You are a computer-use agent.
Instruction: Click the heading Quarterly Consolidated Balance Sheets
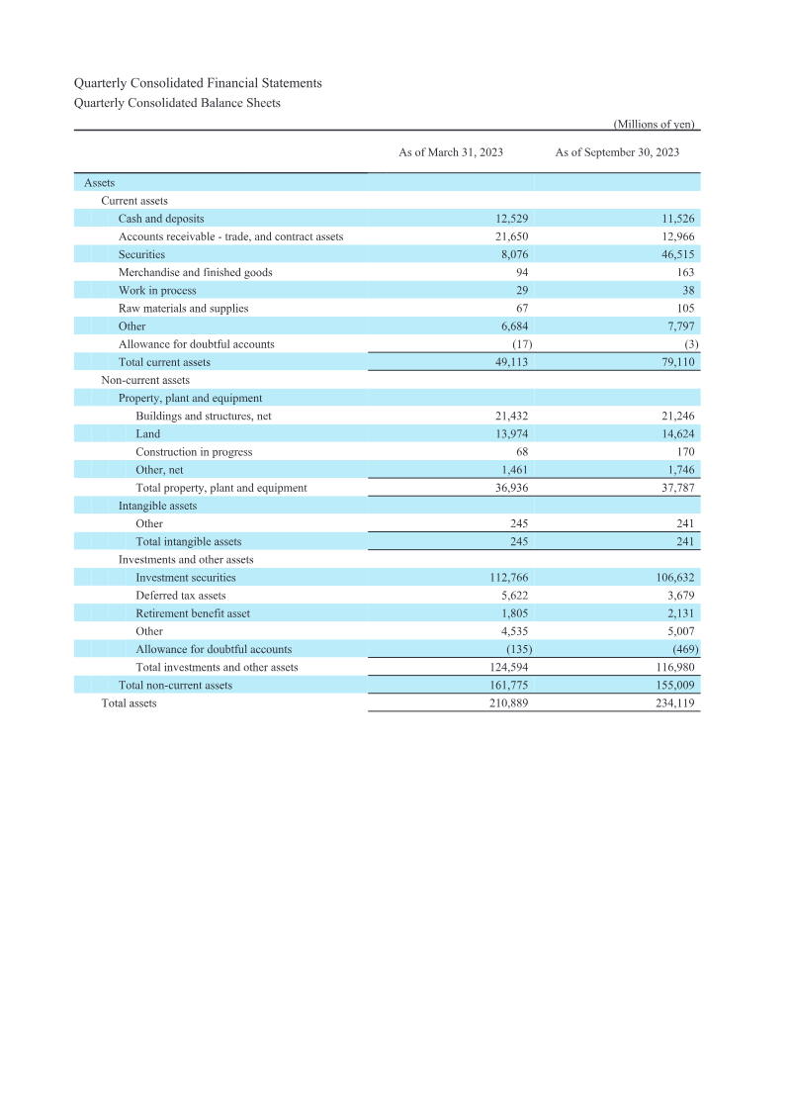177,103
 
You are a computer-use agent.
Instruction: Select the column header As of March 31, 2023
450,152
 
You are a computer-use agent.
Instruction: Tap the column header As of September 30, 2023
617,152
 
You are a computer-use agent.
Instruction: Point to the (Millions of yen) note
655,125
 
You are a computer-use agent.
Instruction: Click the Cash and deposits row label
161,219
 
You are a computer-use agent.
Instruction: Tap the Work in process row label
157,291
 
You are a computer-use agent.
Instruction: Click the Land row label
147,434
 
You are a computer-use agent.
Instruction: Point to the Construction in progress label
194,452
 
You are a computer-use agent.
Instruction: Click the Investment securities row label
186,578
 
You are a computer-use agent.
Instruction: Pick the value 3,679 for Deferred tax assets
676,596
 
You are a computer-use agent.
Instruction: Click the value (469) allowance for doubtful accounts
678,649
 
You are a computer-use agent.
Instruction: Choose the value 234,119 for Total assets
670,703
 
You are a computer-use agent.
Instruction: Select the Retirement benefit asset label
193,613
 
